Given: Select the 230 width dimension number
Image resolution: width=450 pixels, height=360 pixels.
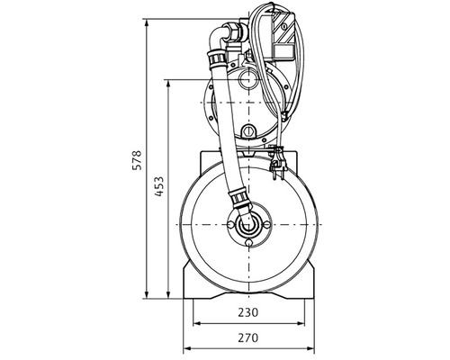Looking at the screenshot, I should coord(247,314).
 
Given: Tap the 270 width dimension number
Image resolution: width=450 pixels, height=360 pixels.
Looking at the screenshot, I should coord(247,338).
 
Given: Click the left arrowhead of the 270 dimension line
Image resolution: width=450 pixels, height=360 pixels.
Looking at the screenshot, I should coord(187,346).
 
